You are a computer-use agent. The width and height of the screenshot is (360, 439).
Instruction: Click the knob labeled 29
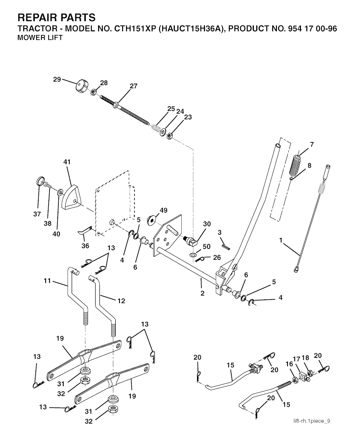click(x=82, y=86)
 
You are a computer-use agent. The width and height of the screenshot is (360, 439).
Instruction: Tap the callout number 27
click(x=134, y=86)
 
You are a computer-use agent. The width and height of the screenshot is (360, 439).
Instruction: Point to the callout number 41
click(x=67, y=162)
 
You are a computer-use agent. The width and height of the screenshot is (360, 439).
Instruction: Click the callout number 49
click(x=163, y=210)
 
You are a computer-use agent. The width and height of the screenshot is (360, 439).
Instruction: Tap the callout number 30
click(x=207, y=224)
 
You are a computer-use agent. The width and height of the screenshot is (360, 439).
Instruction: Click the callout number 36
click(x=85, y=246)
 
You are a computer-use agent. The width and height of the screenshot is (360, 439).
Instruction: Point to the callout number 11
click(x=47, y=281)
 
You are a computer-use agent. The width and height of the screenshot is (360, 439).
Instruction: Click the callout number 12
click(x=121, y=301)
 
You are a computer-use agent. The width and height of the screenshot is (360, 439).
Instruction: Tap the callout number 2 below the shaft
click(x=202, y=293)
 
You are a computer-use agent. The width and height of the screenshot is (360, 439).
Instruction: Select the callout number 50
click(x=207, y=246)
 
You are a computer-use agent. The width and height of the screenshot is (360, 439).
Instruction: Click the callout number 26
click(x=217, y=258)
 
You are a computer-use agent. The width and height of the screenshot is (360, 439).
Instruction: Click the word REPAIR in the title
click(x=40, y=18)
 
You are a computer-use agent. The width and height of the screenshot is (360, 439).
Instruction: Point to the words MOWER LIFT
click(x=40, y=38)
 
